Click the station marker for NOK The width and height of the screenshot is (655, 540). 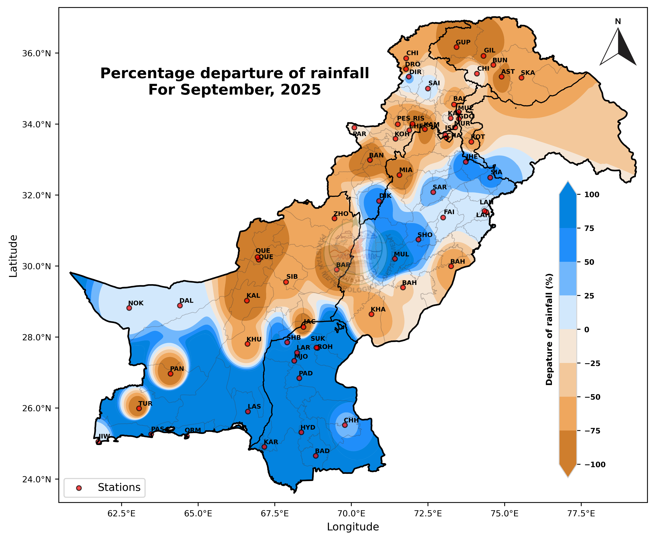coord(129,308)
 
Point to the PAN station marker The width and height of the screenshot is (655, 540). coord(171,374)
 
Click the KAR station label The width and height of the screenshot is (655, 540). coord(271,442)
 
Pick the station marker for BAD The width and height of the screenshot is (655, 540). coord(316,456)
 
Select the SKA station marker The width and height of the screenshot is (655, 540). coord(521,78)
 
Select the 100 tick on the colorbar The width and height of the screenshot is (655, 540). coord(592,195)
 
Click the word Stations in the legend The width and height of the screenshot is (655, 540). coord(119,487)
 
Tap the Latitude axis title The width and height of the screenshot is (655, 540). coord(13,256)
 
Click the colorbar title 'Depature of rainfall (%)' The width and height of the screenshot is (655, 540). coord(549,330)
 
